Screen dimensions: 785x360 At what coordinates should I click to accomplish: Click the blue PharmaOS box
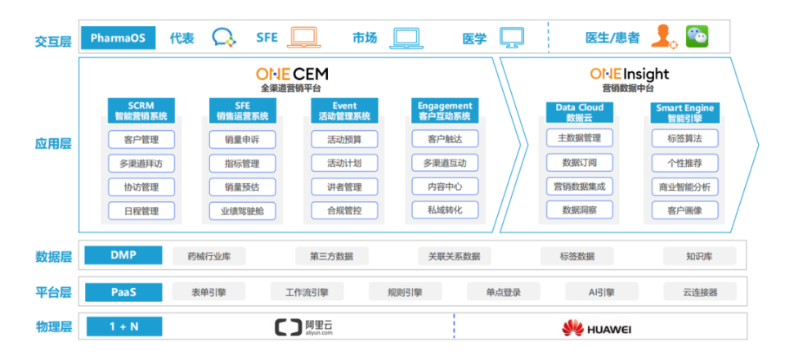pyautogui.click(x=118, y=38)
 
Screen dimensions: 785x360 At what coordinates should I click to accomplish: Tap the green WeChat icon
pyautogui.click(x=698, y=37)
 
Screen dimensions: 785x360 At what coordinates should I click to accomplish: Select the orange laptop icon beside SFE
pyautogui.click(x=304, y=38)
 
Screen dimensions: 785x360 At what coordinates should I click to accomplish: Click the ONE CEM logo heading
pyautogui.click(x=292, y=74)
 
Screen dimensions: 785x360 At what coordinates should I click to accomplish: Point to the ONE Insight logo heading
pyautogui.click(x=630, y=74)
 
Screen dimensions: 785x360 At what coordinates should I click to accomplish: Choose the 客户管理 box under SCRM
pyautogui.click(x=141, y=140)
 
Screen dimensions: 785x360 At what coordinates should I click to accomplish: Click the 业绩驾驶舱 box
pyautogui.click(x=242, y=210)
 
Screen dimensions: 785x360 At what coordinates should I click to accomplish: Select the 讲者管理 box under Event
pyautogui.click(x=344, y=187)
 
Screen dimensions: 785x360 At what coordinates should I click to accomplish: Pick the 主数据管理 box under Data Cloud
pyautogui.click(x=579, y=137)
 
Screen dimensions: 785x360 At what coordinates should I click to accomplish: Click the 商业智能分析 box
pyautogui.click(x=685, y=187)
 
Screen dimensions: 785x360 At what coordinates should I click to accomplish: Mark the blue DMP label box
pyautogui.click(x=123, y=255)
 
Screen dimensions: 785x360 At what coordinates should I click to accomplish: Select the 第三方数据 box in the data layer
pyautogui.click(x=331, y=256)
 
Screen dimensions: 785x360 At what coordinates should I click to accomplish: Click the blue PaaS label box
pyautogui.click(x=123, y=292)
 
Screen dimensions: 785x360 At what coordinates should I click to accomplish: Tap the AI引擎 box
pyautogui.click(x=602, y=292)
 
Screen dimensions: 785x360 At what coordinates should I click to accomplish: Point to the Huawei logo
pyautogui.click(x=596, y=328)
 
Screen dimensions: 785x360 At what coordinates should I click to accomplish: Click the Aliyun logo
pyautogui.click(x=303, y=327)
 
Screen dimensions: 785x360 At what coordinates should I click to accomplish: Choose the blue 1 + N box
pyautogui.click(x=124, y=326)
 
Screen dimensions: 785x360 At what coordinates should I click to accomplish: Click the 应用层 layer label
pyautogui.click(x=53, y=144)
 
